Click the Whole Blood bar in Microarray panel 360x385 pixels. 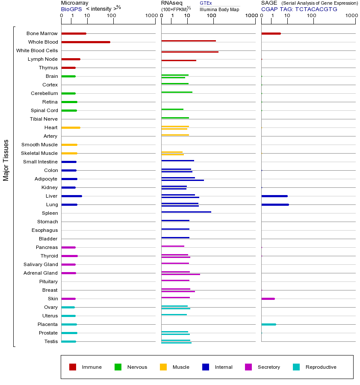(x=86, y=42)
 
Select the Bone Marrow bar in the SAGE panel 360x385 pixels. (x=271, y=33)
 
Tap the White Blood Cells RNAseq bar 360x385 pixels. (x=189, y=52)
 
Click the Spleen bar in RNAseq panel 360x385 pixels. (x=186, y=212)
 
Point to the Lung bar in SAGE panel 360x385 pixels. (x=275, y=204)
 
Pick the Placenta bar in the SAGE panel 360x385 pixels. (x=269, y=324)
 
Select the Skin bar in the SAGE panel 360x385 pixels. (x=268, y=299)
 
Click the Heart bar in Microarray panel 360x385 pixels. (x=71, y=127)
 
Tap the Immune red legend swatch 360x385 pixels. (x=73, y=367)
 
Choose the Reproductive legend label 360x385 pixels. (x=321, y=367)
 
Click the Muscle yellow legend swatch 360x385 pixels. (x=163, y=367)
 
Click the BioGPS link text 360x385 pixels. (x=71, y=9)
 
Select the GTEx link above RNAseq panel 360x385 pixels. (x=206, y=3)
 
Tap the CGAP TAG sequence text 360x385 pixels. (x=299, y=9)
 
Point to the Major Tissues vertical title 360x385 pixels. (x=6, y=160)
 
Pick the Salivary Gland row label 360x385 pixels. (x=41, y=264)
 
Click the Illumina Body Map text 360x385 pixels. (x=219, y=9)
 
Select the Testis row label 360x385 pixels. (x=51, y=341)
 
